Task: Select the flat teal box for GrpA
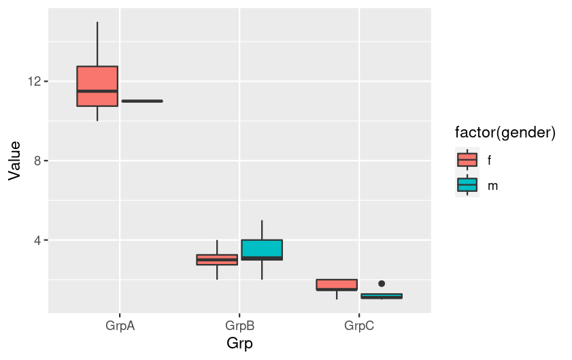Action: tap(142, 101)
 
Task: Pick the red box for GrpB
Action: tap(217, 259)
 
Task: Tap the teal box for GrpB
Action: tap(262, 250)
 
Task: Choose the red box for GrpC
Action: tap(337, 284)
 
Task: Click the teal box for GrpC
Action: tap(382, 296)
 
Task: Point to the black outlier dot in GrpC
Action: tap(382, 283)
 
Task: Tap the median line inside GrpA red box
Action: tap(97, 91)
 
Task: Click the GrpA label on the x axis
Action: tap(120, 326)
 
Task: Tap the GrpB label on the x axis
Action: tap(239, 326)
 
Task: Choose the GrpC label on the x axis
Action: tap(359, 326)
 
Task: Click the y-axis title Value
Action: tap(14, 161)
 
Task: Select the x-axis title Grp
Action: tap(239, 344)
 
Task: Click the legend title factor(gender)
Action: tap(506, 134)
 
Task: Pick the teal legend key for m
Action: tap(467, 185)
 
